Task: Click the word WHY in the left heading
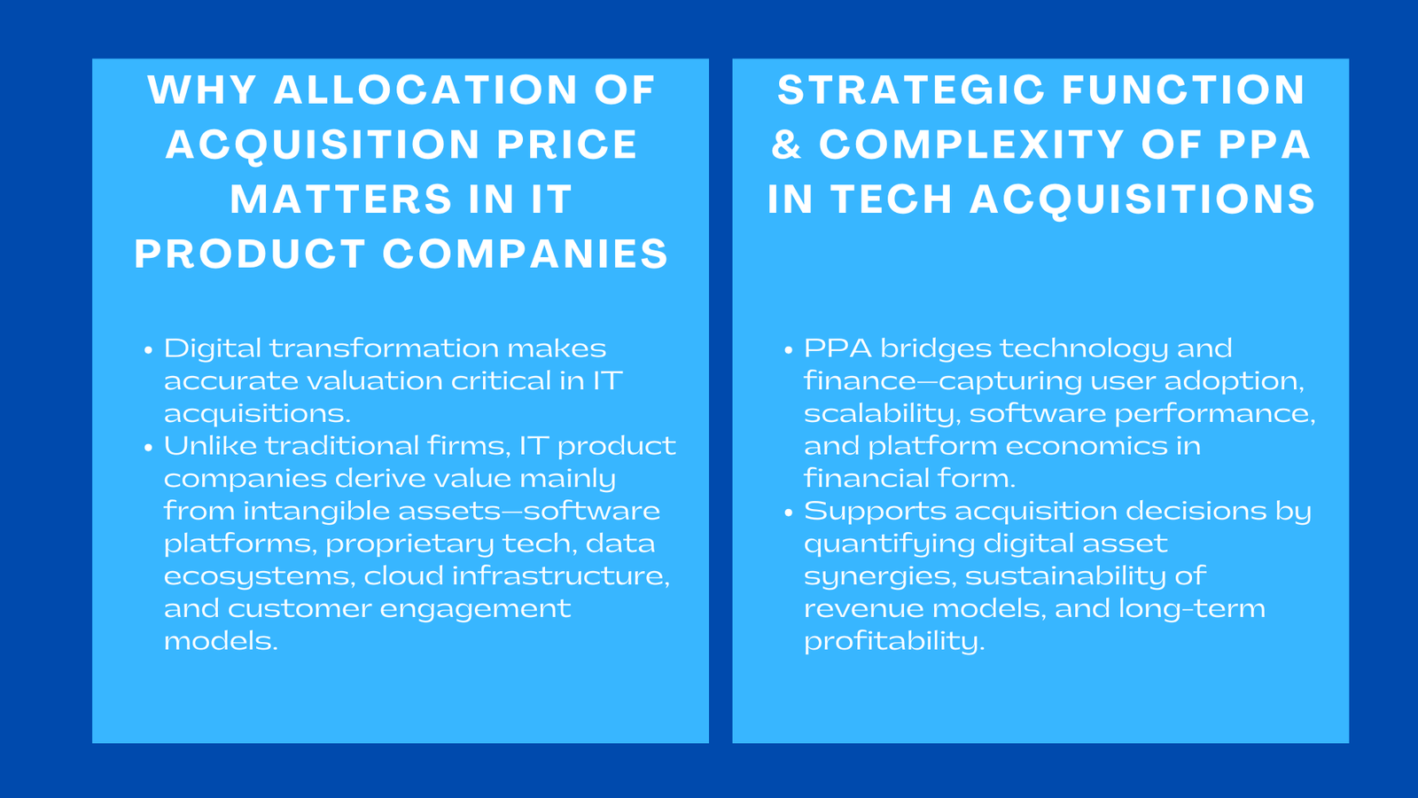click(202, 90)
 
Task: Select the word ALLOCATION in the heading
click(426, 90)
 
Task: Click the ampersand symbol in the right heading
click(786, 145)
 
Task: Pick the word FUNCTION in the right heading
click(1183, 90)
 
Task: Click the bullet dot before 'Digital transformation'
click(149, 350)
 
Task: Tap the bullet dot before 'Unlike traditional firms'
click(149, 448)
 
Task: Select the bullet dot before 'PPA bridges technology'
click(789, 350)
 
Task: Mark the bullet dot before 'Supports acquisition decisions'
click(789, 513)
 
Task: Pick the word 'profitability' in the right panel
click(893, 642)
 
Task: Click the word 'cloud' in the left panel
click(403, 576)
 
